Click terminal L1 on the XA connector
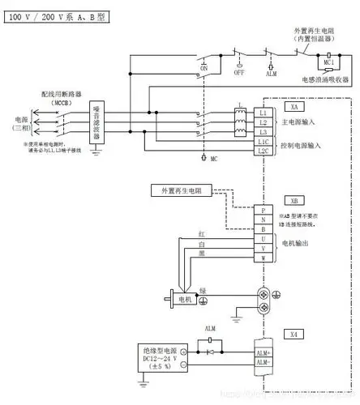263,112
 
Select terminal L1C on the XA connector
263,141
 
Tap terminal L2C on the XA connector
263,151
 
